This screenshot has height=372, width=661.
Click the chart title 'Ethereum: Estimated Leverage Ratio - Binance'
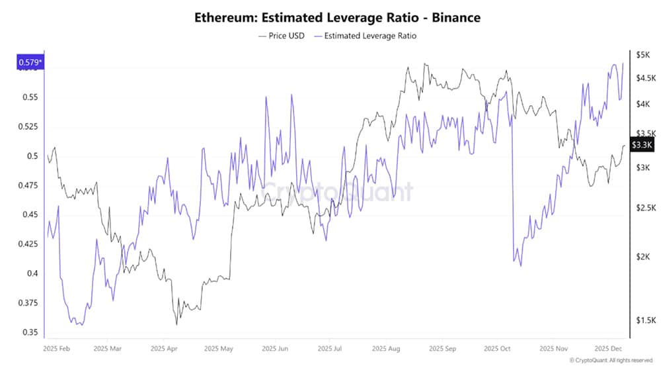click(337, 18)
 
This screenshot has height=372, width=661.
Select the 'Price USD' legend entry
click(281, 36)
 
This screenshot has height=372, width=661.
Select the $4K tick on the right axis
click(642, 104)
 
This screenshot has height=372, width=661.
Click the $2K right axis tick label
click(642, 257)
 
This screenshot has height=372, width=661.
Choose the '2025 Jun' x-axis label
click(274, 348)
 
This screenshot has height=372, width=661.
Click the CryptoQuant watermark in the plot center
click(337, 192)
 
